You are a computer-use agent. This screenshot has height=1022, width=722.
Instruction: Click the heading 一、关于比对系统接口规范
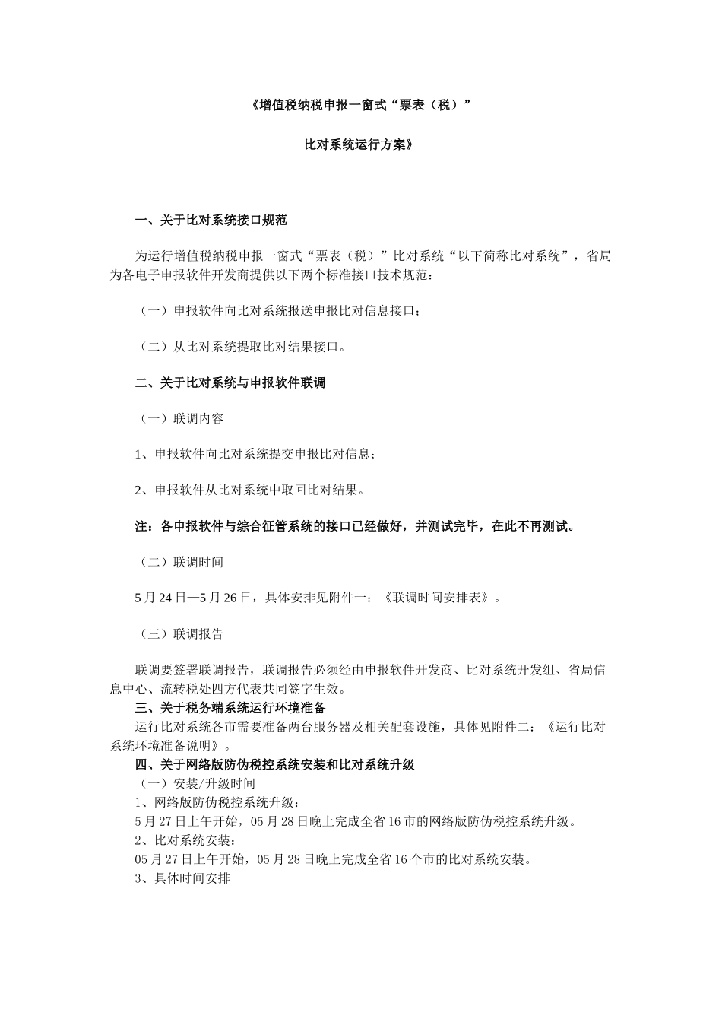[211, 221]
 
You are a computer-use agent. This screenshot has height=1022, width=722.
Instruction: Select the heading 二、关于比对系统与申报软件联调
[230, 383]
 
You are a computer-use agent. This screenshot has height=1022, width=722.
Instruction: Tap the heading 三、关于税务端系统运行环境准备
[230, 708]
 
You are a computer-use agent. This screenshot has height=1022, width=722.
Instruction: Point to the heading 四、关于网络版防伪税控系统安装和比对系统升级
[274, 765]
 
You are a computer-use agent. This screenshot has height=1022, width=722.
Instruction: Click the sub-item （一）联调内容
[180, 419]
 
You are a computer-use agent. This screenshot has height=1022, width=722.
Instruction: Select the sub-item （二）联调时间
[180, 563]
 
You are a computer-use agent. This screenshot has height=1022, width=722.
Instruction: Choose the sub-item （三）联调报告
[180, 634]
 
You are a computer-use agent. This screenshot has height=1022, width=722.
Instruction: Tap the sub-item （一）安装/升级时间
[196, 784]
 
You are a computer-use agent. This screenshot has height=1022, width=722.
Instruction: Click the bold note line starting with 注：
[354, 526]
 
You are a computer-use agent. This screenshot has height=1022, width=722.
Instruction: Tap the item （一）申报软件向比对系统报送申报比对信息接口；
[280, 311]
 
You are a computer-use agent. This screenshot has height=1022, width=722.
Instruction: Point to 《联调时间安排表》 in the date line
[434, 598]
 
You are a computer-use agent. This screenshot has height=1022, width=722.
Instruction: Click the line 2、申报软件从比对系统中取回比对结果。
[249, 490]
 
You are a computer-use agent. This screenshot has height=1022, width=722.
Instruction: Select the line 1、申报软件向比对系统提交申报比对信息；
[255, 455]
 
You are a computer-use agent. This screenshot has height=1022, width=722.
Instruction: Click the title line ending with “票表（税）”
[360, 106]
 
